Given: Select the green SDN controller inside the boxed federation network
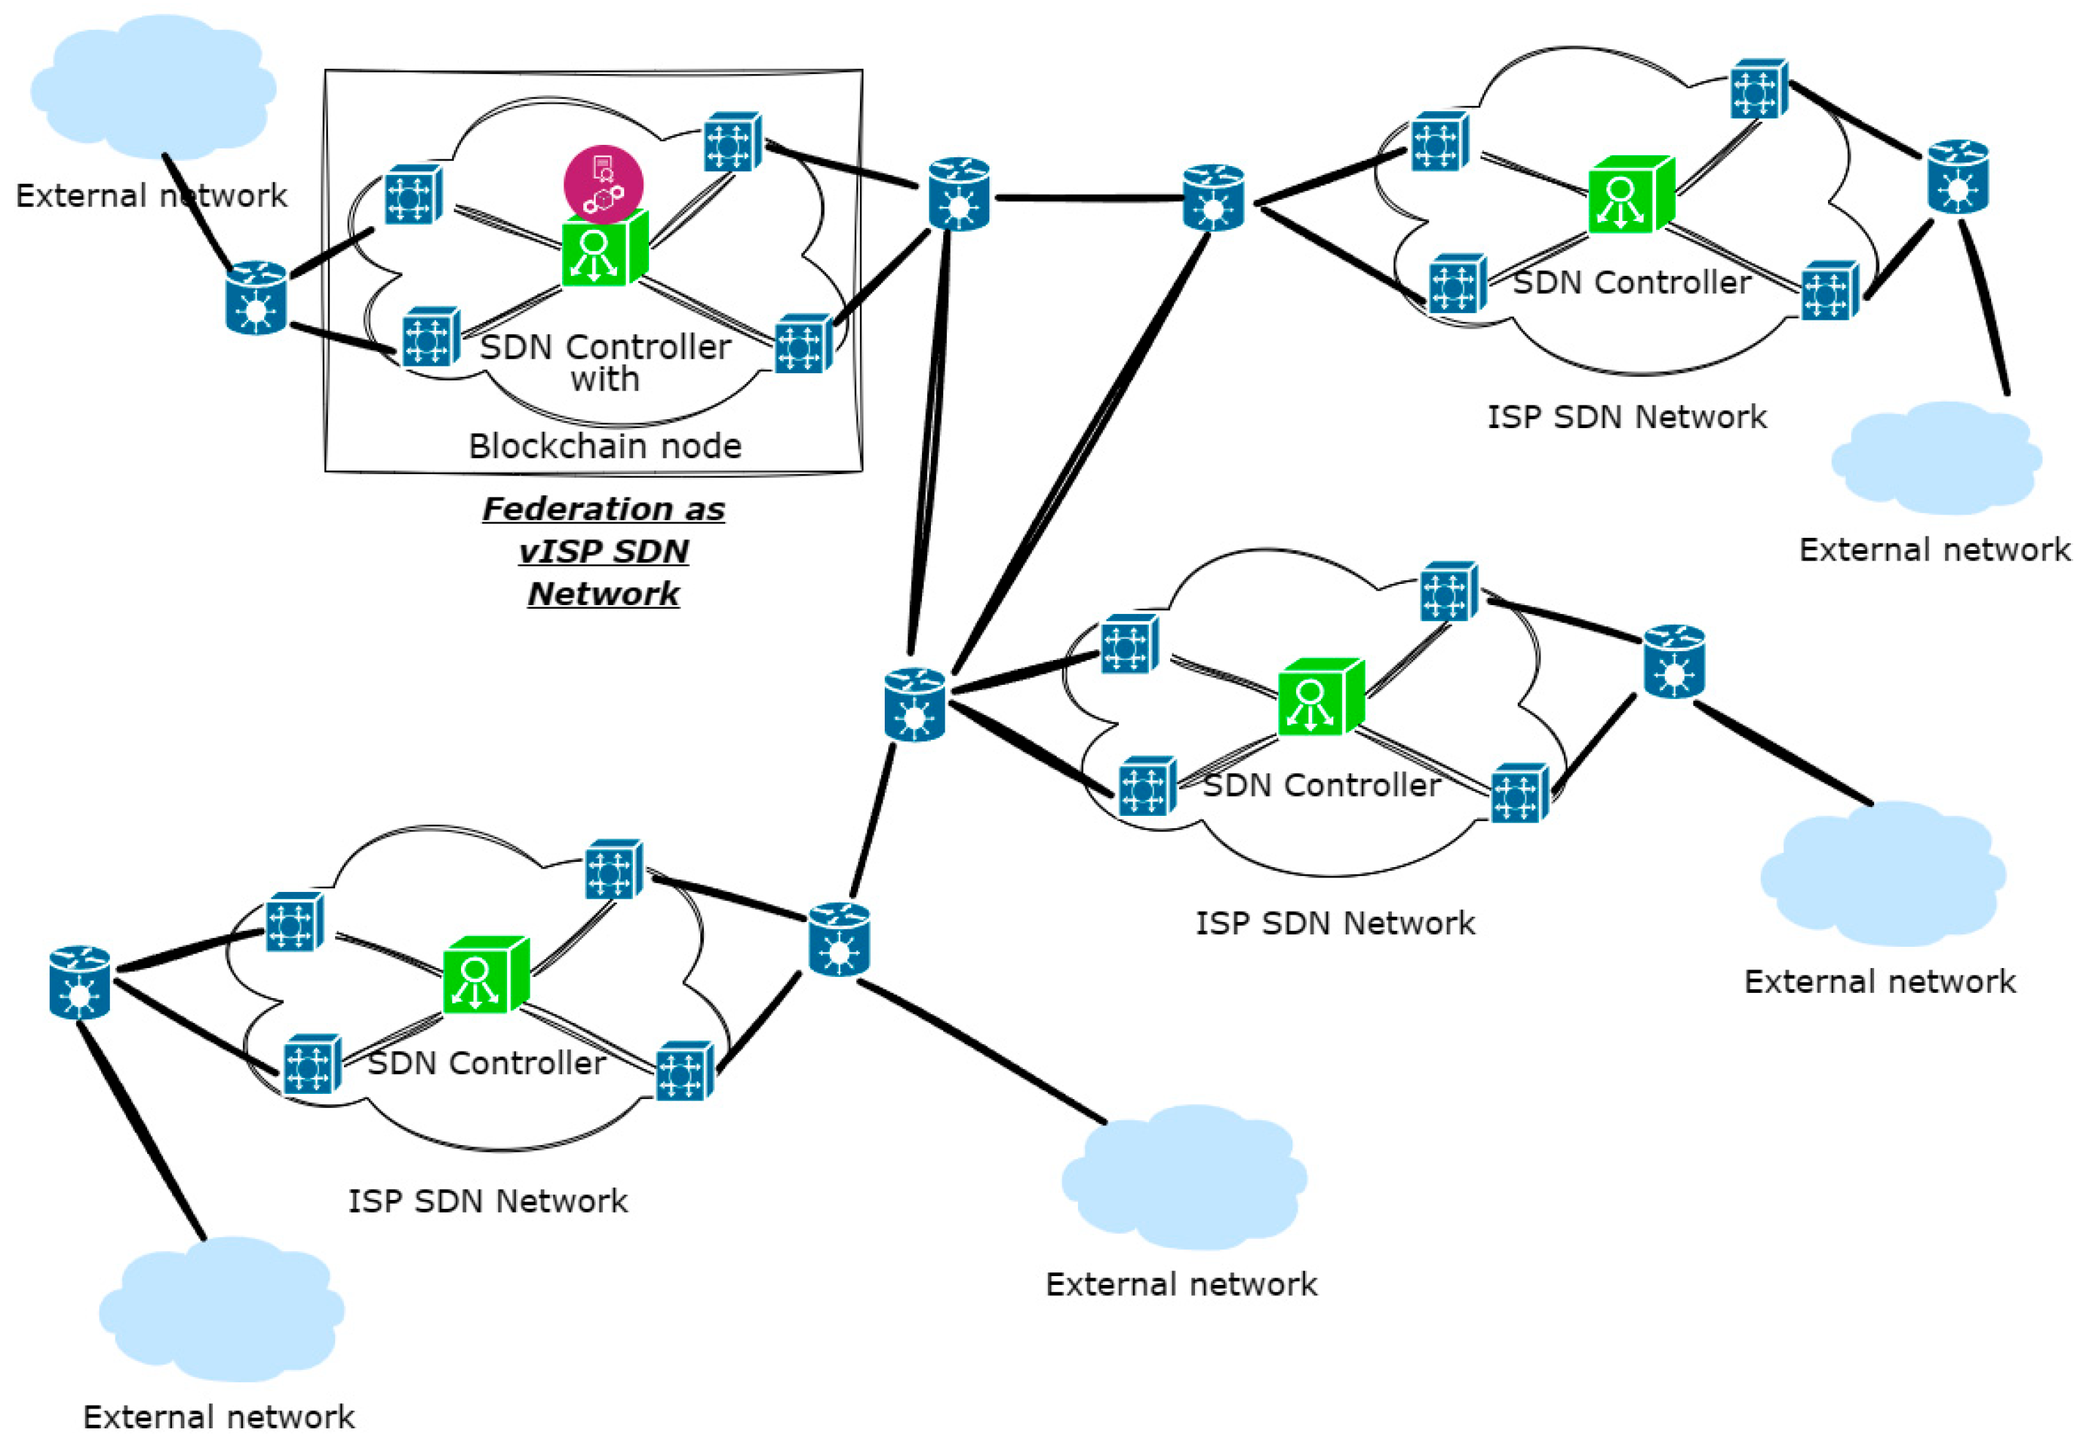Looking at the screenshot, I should pyautogui.click(x=603, y=250).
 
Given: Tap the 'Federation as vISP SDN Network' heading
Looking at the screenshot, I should pyautogui.click(x=603, y=550).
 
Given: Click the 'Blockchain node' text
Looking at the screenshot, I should pyautogui.click(x=604, y=446).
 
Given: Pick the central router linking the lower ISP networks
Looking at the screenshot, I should pyautogui.click(x=913, y=705).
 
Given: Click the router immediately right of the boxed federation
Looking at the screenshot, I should pyautogui.click(x=958, y=195).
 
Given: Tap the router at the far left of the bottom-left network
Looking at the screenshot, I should pyautogui.click(x=80, y=982).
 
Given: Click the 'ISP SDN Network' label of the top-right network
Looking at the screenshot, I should pyautogui.click(x=1626, y=416).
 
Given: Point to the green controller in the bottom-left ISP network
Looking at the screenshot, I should pyautogui.click(x=484, y=975).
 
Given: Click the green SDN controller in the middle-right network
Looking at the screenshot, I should pyautogui.click(x=1319, y=697).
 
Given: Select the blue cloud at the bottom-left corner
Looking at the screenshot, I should pyautogui.click(x=221, y=1309).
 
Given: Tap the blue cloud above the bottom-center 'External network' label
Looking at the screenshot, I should pyautogui.click(x=1183, y=1178).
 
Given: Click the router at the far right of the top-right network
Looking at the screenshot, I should pyautogui.click(x=1958, y=177).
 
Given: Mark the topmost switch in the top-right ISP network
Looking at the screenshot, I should pyautogui.click(x=1758, y=89).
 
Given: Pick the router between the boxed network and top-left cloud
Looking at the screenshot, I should pyautogui.click(x=255, y=299).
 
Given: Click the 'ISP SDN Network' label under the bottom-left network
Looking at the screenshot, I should pyautogui.click(x=487, y=1201).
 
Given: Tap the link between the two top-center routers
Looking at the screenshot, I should pyautogui.click(x=1087, y=198).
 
